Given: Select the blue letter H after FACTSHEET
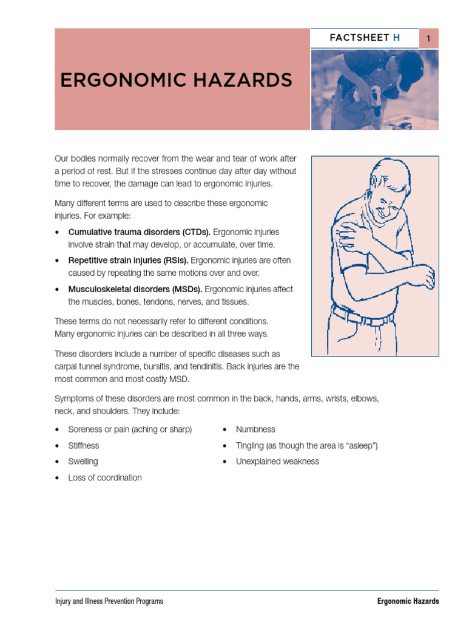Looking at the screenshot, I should pyautogui.click(x=397, y=38).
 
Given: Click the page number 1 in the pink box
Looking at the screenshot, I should pyautogui.click(x=428, y=38).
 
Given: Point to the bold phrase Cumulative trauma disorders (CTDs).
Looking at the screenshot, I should pyautogui.click(x=140, y=232).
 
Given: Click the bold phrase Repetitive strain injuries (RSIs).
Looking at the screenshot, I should pyautogui.click(x=128, y=261).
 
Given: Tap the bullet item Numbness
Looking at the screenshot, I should pyautogui.click(x=255, y=429).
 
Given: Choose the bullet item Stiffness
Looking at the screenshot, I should pyautogui.click(x=84, y=445).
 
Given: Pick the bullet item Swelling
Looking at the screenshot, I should pyautogui.click(x=83, y=462).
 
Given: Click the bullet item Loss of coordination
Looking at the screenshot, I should pyautogui.click(x=105, y=477).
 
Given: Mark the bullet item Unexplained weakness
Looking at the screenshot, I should pyautogui.click(x=277, y=462).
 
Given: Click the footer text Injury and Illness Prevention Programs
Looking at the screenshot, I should pyautogui.click(x=109, y=601).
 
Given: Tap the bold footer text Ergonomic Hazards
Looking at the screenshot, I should pyautogui.click(x=408, y=601).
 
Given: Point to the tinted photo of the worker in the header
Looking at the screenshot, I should pyautogui.click(x=374, y=89).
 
